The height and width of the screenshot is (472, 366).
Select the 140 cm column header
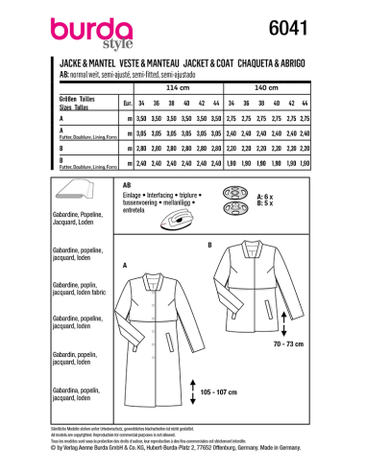click(x=287, y=84)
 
